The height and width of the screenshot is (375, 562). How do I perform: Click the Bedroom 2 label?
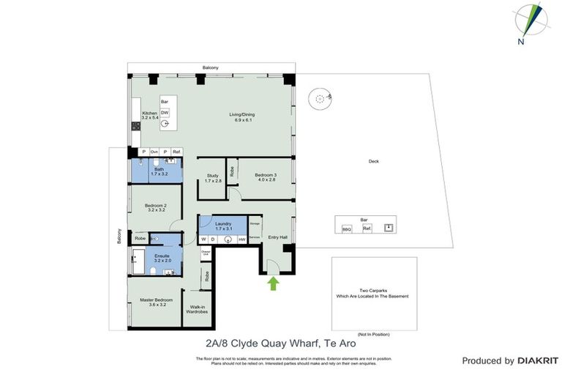(x=156, y=207)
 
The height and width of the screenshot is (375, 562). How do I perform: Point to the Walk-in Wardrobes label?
(x=198, y=310)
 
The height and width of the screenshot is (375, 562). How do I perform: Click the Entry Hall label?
(x=277, y=237)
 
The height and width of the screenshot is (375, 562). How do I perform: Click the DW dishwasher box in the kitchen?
(x=165, y=112)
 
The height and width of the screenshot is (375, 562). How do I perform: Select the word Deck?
(x=373, y=161)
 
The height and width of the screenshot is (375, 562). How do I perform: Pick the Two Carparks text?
(x=373, y=291)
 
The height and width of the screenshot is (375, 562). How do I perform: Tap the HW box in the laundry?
(x=241, y=239)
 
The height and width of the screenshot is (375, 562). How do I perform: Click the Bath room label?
(x=159, y=170)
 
